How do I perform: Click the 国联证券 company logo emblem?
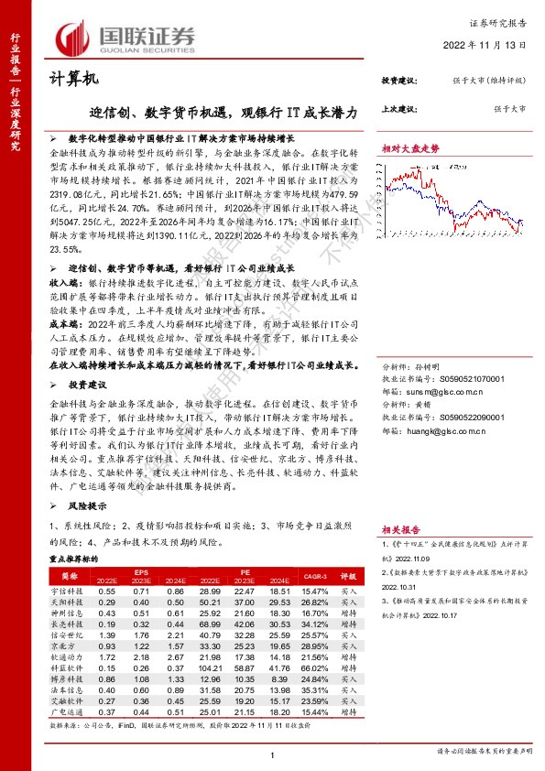click(72, 37)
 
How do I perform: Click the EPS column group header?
click(142, 573)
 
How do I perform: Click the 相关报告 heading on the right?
click(400, 529)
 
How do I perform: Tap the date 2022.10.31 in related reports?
click(400, 587)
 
